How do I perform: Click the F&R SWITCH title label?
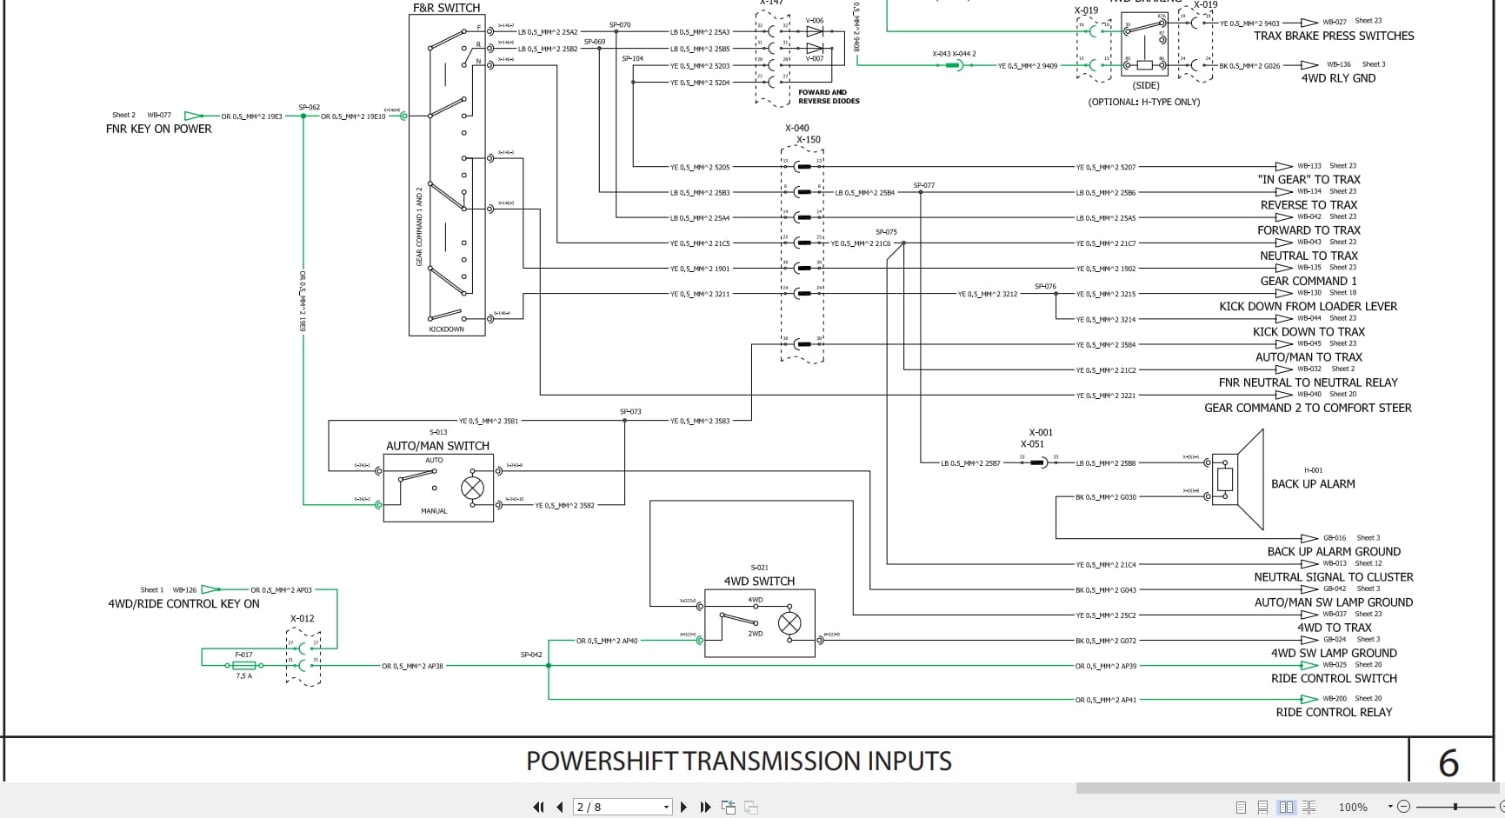pyautogui.click(x=446, y=8)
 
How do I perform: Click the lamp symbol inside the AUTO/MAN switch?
pyautogui.click(x=472, y=488)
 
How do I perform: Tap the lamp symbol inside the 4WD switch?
pyautogui.click(x=789, y=622)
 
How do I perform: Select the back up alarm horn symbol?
pyautogui.click(x=1238, y=480)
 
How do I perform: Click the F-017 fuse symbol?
pyautogui.click(x=244, y=665)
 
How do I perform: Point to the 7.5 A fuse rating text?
pyautogui.click(x=243, y=676)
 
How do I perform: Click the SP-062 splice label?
pyautogui.click(x=310, y=107)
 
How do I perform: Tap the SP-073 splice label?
pyautogui.click(x=630, y=411)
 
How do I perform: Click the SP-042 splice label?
pyautogui.click(x=531, y=655)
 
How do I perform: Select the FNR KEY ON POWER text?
pyautogui.click(x=159, y=129)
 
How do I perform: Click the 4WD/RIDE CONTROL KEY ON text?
pyautogui.click(x=183, y=603)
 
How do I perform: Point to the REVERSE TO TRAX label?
pyautogui.click(x=1309, y=205)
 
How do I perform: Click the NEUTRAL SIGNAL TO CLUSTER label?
pyautogui.click(x=1333, y=577)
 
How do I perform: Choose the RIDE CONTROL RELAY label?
pyautogui.click(x=1334, y=712)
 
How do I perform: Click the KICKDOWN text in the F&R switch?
pyautogui.click(x=446, y=329)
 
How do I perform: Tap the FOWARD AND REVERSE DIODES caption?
pyautogui.click(x=829, y=96)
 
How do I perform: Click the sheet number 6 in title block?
pyautogui.click(x=1448, y=763)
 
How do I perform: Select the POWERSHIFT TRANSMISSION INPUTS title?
pyautogui.click(x=738, y=761)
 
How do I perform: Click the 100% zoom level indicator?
pyautogui.click(x=1353, y=807)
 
